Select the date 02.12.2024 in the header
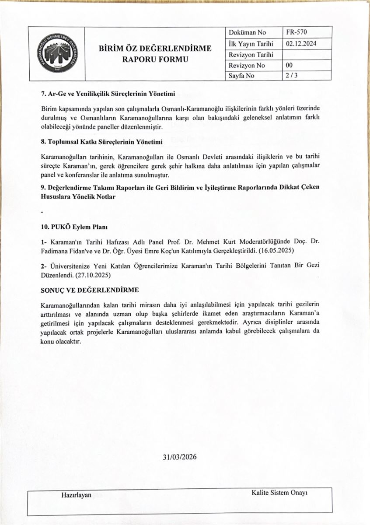pyautogui.click(x=302, y=44)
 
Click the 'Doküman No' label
pyautogui.click(x=247, y=33)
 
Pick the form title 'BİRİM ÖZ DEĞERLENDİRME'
pyautogui.click(x=155, y=49)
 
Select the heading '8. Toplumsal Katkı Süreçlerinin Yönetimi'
pyautogui.click(x=101, y=143)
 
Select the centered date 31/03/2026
pyautogui.click(x=179, y=457)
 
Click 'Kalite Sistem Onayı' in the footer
pyautogui.click(x=279, y=493)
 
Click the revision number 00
pyautogui.click(x=289, y=65)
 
